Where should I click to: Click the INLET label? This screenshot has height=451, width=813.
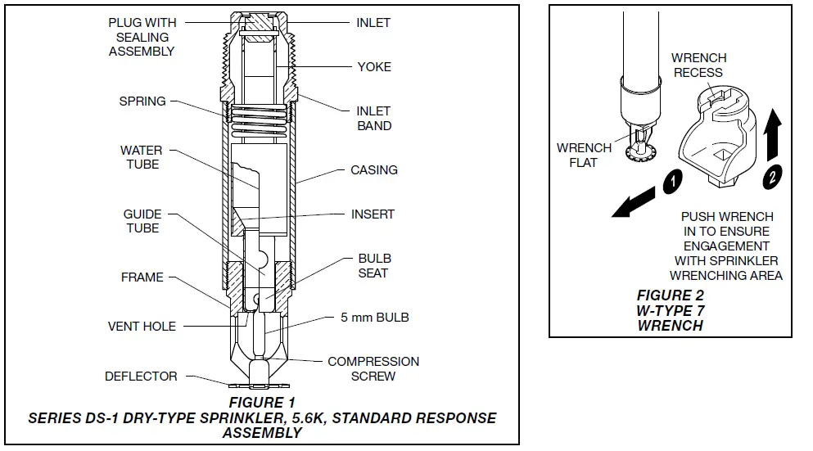pyautogui.click(x=373, y=23)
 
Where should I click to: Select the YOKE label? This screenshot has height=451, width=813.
pyautogui.click(x=373, y=66)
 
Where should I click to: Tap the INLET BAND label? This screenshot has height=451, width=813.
pyautogui.click(x=374, y=118)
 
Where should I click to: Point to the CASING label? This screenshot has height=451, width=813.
pyautogui.click(x=374, y=170)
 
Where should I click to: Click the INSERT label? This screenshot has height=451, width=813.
pyautogui.click(x=373, y=214)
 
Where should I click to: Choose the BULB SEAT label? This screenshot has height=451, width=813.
pyautogui.click(x=373, y=265)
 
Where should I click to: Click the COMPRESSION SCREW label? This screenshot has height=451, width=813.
pyautogui.click(x=373, y=368)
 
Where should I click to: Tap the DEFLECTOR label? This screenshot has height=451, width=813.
pyautogui.click(x=141, y=377)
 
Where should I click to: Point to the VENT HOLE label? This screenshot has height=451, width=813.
pyautogui.click(x=142, y=327)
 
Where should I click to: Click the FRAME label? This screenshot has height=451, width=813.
pyautogui.click(x=142, y=277)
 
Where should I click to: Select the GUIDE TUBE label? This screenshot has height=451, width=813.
pyautogui.click(x=142, y=221)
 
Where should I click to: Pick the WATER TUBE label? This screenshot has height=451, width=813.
pyautogui.click(x=142, y=157)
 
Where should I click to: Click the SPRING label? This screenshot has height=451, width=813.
pyautogui.click(x=142, y=101)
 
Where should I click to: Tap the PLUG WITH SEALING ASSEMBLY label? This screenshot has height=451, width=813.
pyautogui.click(x=142, y=37)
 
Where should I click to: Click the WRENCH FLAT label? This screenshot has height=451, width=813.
pyautogui.click(x=584, y=156)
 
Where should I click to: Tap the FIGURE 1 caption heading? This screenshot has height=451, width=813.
pyautogui.click(x=262, y=403)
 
